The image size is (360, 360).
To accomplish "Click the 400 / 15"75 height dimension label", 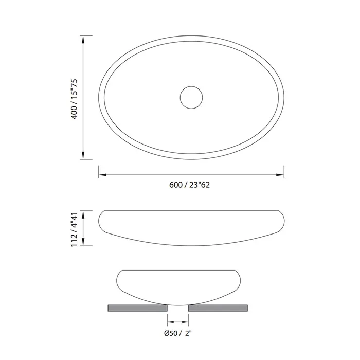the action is click(75, 99).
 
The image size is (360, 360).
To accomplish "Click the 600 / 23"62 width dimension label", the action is click(189, 185).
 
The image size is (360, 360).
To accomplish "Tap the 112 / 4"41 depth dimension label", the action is click(75, 229).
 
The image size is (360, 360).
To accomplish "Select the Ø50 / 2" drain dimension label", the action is click(178, 333).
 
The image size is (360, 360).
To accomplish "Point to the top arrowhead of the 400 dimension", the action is click(83, 40).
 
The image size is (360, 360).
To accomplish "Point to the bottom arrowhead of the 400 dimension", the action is click(83, 155).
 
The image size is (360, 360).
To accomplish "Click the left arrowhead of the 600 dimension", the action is click(103, 175).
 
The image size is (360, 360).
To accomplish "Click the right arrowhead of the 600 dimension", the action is click(280, 175).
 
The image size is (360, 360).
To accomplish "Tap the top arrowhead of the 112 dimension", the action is click(83, 214).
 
